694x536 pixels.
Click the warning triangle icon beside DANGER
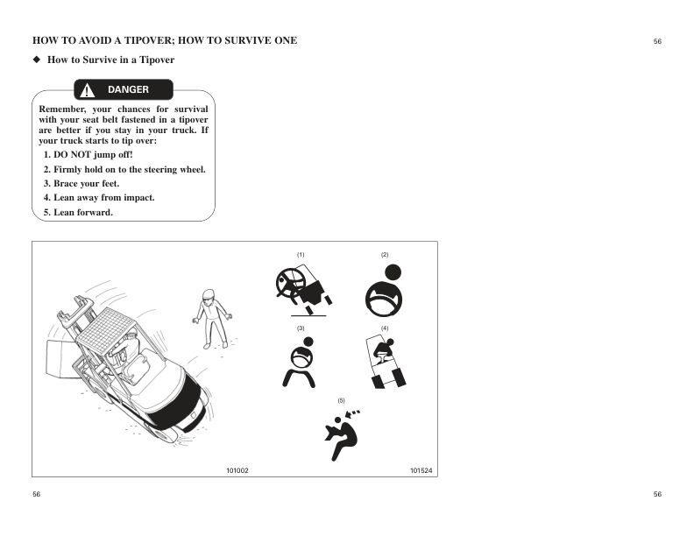(x=88, y=90)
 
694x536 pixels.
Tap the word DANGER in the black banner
(x=128, y=90)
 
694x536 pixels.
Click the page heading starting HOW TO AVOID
(x=165, y=40)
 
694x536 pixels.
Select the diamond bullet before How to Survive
(x=37, y=60)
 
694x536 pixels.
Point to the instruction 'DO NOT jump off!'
(x=88, y=155)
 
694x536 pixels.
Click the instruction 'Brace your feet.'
(x=81, y=184)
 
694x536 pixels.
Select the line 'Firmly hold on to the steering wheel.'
(x=124, y=169)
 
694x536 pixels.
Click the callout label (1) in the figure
(x=301, y=254)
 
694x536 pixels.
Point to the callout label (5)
(x=342, y=400)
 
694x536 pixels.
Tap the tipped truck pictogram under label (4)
(x=385, y=362)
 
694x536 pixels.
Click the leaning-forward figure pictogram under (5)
(x=342, y=433)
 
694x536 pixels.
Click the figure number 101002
(x=238, y=470)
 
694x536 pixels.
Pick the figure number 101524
(x=421, y=470)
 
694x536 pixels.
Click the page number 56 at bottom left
(x=37, y=495)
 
